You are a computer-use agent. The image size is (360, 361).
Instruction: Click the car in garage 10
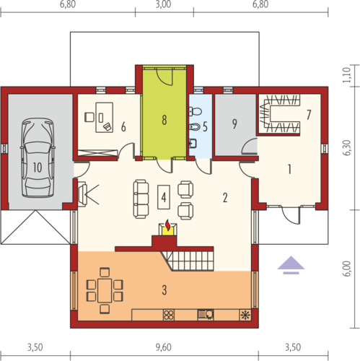[38, 158]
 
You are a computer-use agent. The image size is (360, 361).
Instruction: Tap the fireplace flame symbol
[167, 225]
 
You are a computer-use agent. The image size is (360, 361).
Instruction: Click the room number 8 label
[164, 120]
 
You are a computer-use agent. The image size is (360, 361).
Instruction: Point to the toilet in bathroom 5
[196, 111]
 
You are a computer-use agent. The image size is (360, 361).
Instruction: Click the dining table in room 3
[105, 290]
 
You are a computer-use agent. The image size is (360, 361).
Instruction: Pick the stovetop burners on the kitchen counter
[169, 315]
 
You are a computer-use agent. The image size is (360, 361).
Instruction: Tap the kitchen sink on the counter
[206, 315]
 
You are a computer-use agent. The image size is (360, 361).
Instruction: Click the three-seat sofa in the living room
[141, 199]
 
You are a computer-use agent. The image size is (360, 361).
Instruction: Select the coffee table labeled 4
[164, 197]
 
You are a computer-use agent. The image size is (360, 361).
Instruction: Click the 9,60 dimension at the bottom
[164, 347]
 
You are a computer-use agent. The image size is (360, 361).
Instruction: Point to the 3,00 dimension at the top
[163, 4]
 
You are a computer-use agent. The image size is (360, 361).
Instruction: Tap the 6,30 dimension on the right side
[347, 148]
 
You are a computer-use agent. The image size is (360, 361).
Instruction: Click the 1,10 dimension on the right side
[346, 75]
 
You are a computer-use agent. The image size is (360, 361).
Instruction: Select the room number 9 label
[234, 124]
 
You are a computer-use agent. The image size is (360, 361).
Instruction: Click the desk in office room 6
[105, 118]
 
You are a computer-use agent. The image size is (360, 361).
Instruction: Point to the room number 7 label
[309, 115]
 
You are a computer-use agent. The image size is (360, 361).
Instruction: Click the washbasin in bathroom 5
[193, 144]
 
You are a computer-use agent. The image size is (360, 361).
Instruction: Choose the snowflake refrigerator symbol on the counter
[245, 315]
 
